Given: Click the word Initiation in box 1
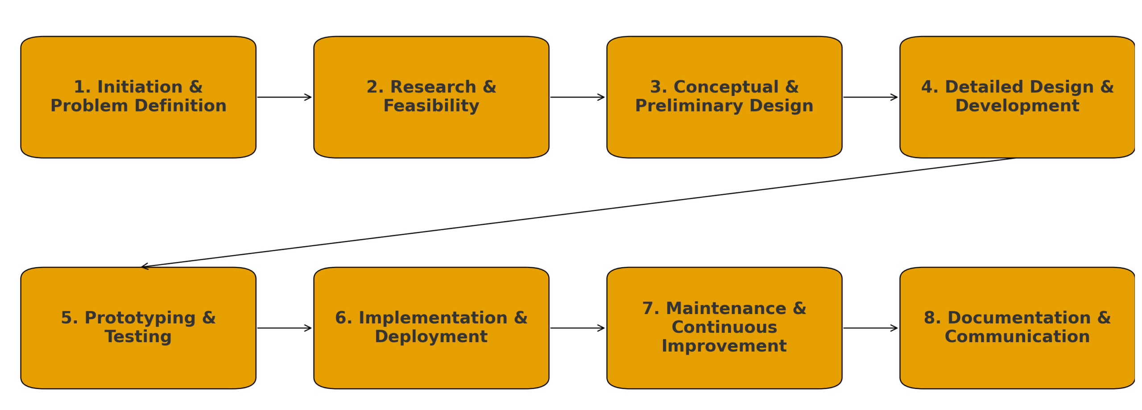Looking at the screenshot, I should click(x=140, y=87).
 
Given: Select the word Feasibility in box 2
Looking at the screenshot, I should click(x=431, y=106).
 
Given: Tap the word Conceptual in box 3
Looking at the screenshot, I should click(x=726, y=87).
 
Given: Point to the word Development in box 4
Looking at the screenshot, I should click(x=1017, y=106).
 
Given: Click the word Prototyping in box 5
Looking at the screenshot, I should click(x=140, y=318).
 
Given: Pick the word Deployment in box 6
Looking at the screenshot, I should click(x=431, y=336).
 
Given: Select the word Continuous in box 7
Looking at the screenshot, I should click(x=724, y=327).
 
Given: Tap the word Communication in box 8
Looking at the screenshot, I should click(x=1017, y=336).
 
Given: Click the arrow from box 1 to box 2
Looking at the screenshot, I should click(x=284, y=97).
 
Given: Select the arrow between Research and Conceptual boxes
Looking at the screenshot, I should click(x=577, y=97).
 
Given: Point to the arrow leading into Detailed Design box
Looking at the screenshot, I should click(x=870, y=97).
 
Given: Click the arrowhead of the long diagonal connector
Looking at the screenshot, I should click(x=144, y=266).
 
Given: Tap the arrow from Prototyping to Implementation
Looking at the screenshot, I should click(x=284, y=328).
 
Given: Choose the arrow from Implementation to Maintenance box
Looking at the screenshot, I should click(x=577, y=328).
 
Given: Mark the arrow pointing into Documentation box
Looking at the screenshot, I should click(x=870, y=328).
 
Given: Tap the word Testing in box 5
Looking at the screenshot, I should click(x=138, y=336).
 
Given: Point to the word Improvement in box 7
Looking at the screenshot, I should click(x=724, y=346).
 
